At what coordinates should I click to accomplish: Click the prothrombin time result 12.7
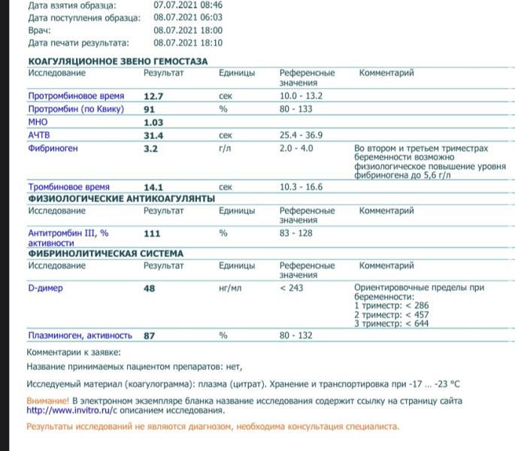[x=153, y=96]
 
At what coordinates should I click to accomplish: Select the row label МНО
[x=38, y=122]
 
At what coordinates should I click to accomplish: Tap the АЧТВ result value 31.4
[x=153, y=135]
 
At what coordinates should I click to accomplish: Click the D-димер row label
[x=45, y=287]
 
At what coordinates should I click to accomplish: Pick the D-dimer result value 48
[x=149, y=287]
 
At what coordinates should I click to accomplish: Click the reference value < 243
[x=292, y=287]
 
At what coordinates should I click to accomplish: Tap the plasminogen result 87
[x=149, y=335]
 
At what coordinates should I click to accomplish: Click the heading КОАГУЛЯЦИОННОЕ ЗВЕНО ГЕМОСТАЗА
[x=117, y=61]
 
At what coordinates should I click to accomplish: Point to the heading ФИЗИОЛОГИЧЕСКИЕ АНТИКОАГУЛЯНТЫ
[x=121, y=198]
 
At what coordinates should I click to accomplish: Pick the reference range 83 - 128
[x=295, y=233]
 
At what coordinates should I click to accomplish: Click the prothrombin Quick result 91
[x=149, y=109]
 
